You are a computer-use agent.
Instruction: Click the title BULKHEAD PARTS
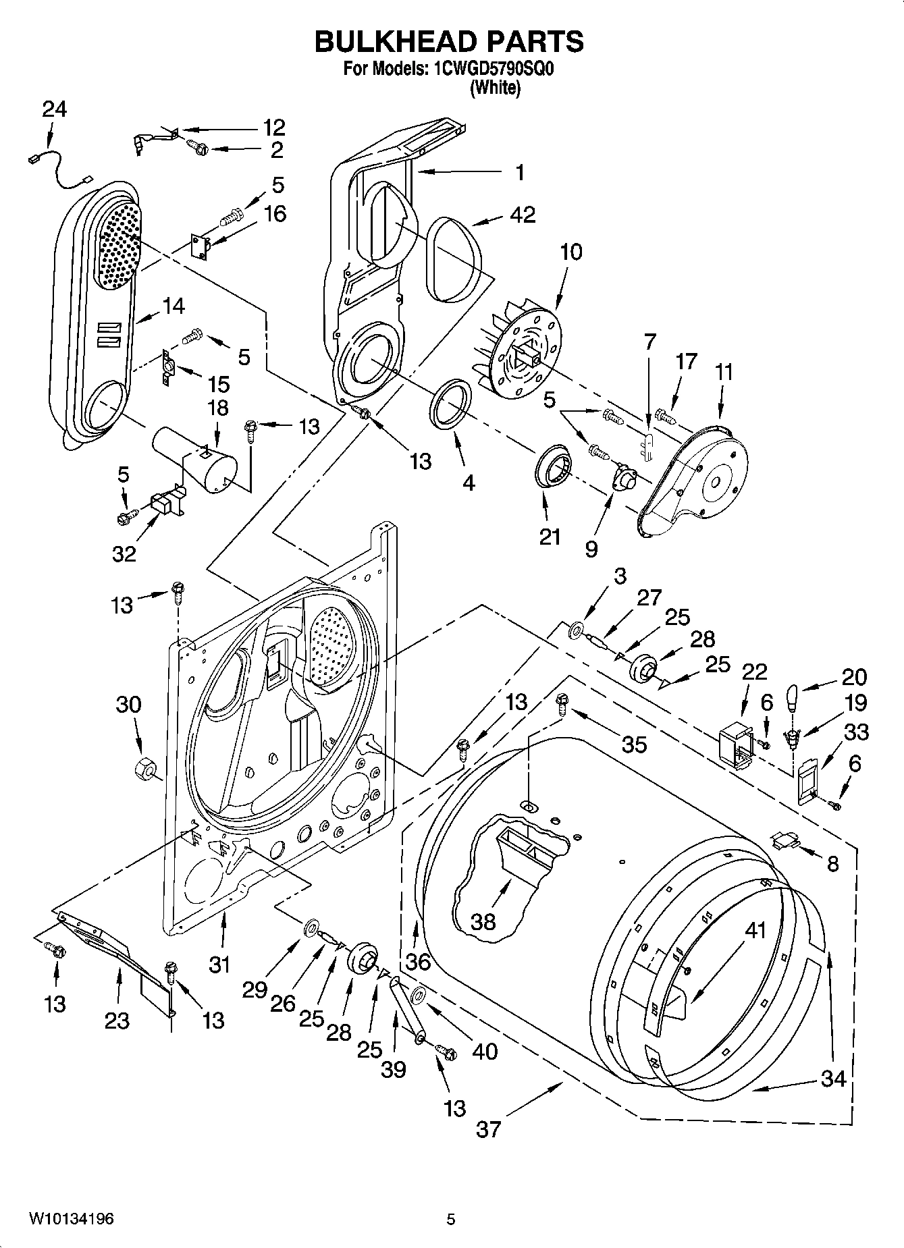click(x=450, y=42)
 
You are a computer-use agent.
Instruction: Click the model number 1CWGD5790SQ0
click(x=490, y=69)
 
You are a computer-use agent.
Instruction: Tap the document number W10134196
click(x=71, y=1220)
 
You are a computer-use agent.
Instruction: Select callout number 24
click(x=55, y=109)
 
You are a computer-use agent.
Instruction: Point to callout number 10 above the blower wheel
click(x=570, y=252)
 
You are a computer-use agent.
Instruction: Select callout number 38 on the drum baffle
click(x=483, y=921)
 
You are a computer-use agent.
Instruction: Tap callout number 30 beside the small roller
click(x=128, y=705)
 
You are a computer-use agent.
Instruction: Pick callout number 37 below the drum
click(x=488, y=1129)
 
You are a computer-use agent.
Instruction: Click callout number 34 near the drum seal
click(x=833, y=1079)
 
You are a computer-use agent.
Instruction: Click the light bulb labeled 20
click(x=793, y=697)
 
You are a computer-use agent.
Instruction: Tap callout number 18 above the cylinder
click(x=217, y=408)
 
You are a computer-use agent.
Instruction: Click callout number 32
click(x=124, y=554)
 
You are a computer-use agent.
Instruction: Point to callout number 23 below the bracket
click(x=117, y=1021)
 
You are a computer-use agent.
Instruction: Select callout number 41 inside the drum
click(x=755, y=931)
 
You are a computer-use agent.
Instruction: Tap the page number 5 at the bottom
click(x=451, y=1220)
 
